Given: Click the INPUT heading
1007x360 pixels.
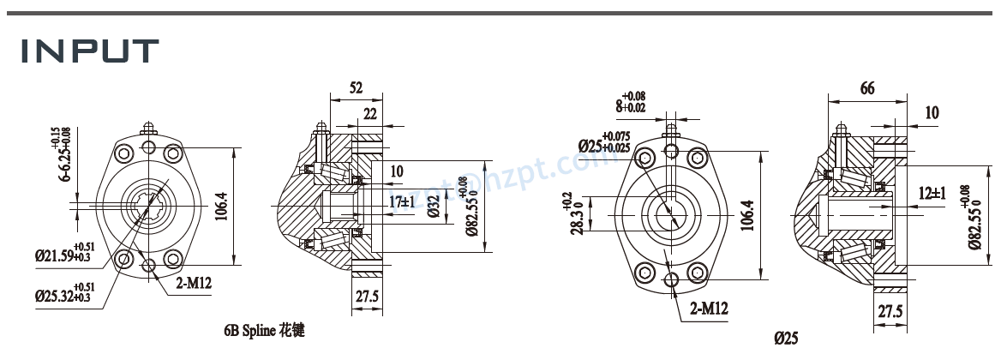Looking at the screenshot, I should coord(90,51).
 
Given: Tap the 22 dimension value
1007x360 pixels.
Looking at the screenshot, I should coord(370,114).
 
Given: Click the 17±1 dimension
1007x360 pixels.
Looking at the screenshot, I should coord(400,201).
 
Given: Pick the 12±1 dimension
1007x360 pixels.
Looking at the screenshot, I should coord(931,194).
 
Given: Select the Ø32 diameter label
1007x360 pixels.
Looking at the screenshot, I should coord(435,206).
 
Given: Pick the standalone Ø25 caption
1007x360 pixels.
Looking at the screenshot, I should coord(787,338).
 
